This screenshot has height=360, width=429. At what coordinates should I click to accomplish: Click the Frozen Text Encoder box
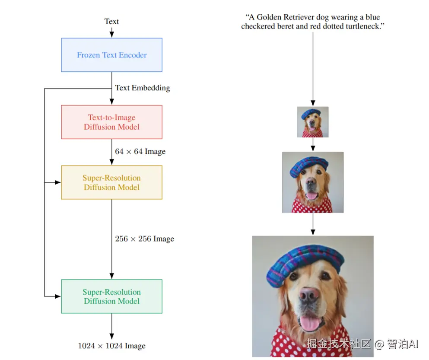pyautogui.click(x=111, y=55)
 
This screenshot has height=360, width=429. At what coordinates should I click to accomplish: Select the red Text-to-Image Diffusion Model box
pyautogui.click(x=111, y=122)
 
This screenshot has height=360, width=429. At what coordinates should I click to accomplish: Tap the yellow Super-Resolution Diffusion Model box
pyautogui.click(x=111, y=182)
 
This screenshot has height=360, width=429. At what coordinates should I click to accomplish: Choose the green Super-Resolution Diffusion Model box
pyautogui.click(x=111, y=296)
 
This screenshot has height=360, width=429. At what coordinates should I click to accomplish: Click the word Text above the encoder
pyautogui.click(x=111, y=21)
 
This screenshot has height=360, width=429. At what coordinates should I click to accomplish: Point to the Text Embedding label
pyautogui.click(x=142, y=88)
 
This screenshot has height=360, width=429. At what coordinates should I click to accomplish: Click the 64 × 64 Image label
pyautogui.click(x=140, y=152)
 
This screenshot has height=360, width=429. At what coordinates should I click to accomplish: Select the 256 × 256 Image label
pyautogui.click(x=144, y=239)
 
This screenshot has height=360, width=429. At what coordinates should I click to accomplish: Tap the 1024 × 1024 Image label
pyautogui.click(x=111, y=346)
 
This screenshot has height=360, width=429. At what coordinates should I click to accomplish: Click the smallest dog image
pyautogui.click(x=313, y=122)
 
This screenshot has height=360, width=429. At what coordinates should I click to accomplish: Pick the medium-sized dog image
pyautogui.click(x=313, y=182)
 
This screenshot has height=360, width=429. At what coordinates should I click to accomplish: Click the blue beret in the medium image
pyautogui.click(x=308, y=166)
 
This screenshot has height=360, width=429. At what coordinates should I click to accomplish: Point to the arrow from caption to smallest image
pyautogui.click(x=313, y=69)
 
